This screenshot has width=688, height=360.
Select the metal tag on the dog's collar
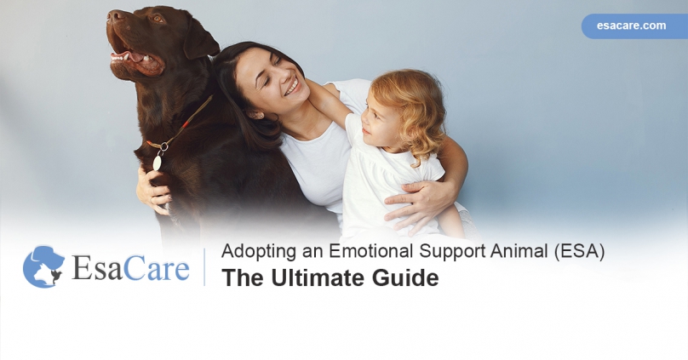pyautogui.click(x=158, y=161)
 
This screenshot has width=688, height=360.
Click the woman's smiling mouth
pyautogui.click(x=291, y=87)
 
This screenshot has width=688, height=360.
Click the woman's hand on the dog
pyautogui.click(x=153, y=191)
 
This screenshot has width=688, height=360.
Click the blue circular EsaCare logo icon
pyautogui.click(x=43, y=266)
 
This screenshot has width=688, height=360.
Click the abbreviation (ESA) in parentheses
pyautogui.click(x=578, y=252)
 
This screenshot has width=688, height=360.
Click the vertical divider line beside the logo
pyautogui.click(x=204, y=266)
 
